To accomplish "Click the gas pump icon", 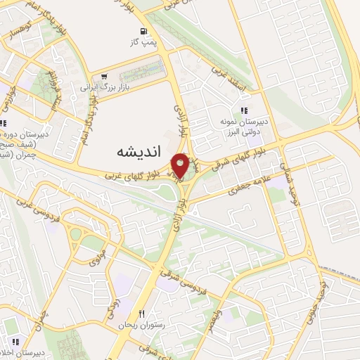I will [143, 32].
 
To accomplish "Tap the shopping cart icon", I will [104, 77].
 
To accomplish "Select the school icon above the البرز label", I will [245, 110].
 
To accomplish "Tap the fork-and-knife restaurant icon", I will [142, 314].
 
